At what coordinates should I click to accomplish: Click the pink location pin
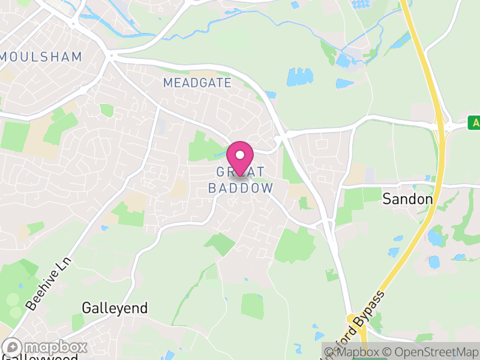pyautogui.click(x=240, y=157)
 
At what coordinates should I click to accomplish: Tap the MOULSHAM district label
pyautogui.click(x=41, y=57)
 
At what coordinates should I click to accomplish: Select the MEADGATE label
pyautogui.click(x=197, y=83)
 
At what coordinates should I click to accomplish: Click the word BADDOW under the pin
pyautogui.click(x=241, y=188)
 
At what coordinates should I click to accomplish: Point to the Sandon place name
pyautogui.click(x=407, y=199)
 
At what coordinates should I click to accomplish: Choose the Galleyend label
pyautogui.click(x=115, y=308)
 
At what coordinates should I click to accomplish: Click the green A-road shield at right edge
pyautogui.click(x=474, y=123)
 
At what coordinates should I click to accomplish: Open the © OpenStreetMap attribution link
pyautogui.click(x=431, y=352)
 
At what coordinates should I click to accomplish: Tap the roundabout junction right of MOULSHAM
pyautogui.click(x=110, y=56)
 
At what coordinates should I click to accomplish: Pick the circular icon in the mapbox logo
pyautogui.click(x=12, y=347)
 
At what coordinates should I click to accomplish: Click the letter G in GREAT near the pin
pyautogui.click(x=220, y=172)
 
